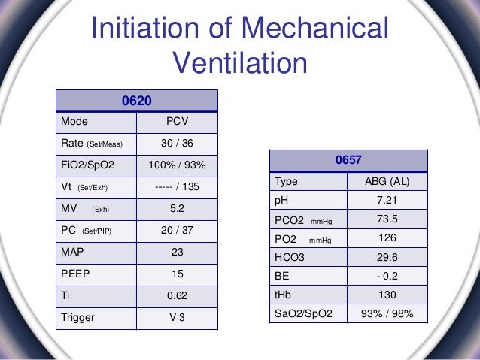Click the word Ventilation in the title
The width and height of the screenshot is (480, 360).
point(240,63)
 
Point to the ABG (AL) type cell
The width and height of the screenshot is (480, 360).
point(384,182)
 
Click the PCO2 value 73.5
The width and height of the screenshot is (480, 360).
point(384,219)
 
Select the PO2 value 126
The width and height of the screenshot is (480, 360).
point(384,237)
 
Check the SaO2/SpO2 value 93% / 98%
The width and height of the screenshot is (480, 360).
point(384,313)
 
